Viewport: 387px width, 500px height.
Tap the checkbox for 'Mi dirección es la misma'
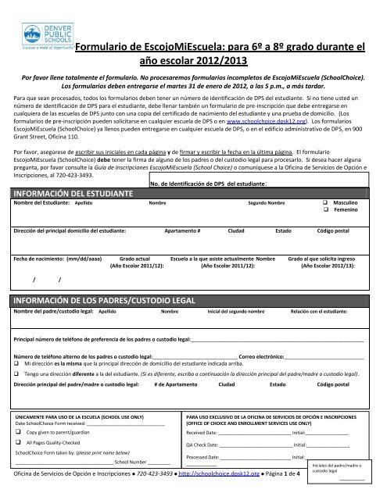click(x=17, y=364)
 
